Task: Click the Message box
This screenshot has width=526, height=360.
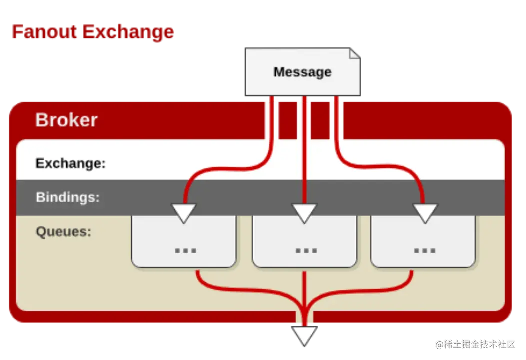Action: (302, 72)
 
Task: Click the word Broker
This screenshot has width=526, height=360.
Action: (66, 120)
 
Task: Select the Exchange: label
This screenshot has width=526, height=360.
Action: (70, 163)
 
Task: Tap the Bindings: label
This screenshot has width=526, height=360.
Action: (68, 197)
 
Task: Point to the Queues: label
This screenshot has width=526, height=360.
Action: (64, 232)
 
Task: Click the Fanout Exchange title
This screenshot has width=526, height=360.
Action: (93, 32)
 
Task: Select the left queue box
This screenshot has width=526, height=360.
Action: (183, 242)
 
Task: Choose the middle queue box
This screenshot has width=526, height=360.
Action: (304, 242)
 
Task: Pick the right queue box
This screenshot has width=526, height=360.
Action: (423, 242)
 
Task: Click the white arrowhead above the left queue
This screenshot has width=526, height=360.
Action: (183, 212)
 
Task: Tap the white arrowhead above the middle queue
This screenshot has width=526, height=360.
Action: (304, 212)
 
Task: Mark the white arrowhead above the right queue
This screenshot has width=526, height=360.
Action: (425, 212)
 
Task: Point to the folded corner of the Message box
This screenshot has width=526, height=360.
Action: (354, 53)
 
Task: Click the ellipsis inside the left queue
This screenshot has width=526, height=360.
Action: (185, 250)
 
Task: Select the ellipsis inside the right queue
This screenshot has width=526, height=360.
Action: (425, 250)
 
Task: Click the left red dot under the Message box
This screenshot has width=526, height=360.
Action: (272, 100)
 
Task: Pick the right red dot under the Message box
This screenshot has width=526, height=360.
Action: (336, 100)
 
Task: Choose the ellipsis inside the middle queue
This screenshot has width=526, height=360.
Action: (306, 250)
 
